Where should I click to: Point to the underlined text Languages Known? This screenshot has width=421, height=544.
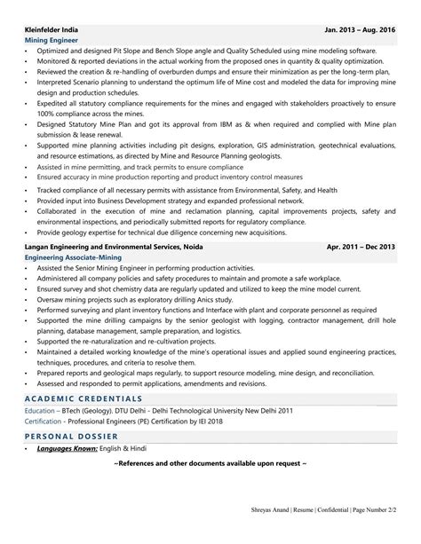pos(71,437)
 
